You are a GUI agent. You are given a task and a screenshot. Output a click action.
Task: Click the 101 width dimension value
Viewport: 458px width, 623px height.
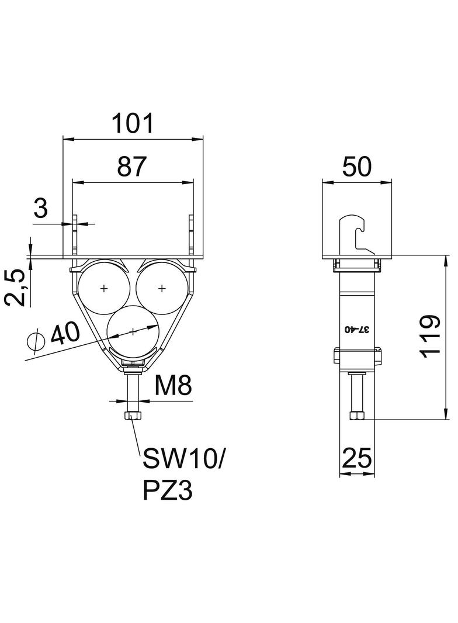coord(132,123)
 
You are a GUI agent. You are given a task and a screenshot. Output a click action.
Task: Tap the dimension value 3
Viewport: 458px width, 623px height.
coord(40,208)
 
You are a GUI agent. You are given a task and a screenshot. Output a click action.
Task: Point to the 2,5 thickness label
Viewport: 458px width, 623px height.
coord(16,288)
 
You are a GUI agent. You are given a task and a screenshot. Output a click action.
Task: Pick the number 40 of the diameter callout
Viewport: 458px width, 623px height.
coord(65,333)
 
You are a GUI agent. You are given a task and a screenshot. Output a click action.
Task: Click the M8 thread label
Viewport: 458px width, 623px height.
coord(173,385)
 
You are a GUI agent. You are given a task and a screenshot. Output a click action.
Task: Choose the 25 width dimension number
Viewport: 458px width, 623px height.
coord(357,458)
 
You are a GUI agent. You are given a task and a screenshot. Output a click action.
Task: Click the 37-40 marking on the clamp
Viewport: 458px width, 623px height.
coord(357,330)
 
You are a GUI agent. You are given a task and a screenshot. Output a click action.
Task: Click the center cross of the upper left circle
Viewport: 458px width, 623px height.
coord(103,288)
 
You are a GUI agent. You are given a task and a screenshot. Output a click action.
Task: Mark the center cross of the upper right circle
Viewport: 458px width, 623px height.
coord(162,288)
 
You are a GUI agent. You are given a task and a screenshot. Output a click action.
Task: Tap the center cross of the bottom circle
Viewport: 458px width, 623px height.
coord(133,331)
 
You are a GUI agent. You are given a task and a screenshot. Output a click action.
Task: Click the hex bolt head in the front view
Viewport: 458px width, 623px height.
coord(133,416)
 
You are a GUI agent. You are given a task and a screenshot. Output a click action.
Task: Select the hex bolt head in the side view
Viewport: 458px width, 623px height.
coord(357,416)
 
